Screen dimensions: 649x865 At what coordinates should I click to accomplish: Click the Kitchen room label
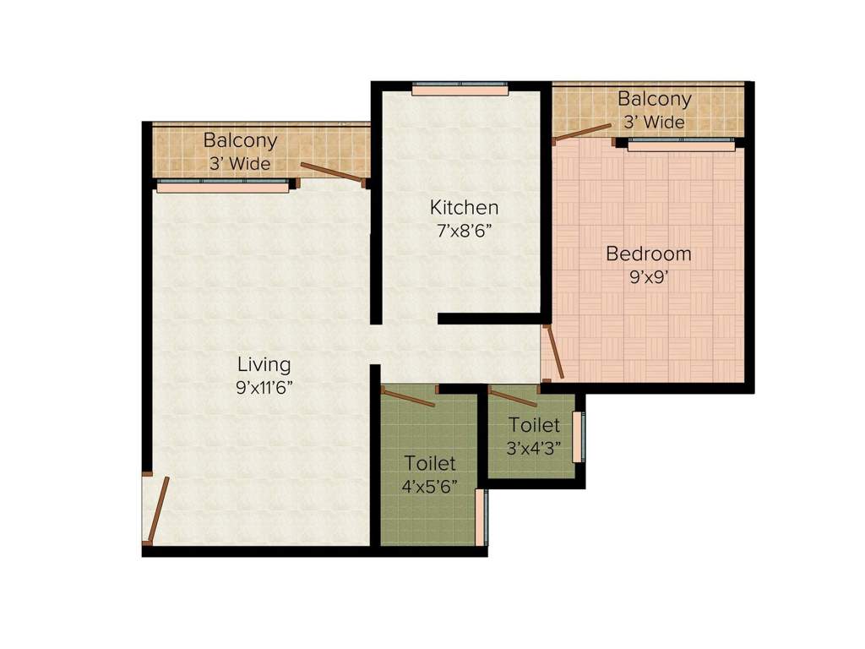464,207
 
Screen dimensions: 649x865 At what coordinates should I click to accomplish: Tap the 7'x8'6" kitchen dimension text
464,230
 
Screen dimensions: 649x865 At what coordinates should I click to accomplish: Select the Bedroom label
649,254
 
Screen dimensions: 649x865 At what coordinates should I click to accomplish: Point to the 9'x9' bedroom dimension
649,275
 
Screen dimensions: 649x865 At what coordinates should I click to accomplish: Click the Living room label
264,365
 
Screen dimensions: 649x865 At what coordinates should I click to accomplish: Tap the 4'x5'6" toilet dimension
430,487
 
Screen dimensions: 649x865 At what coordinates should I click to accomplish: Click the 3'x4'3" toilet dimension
534,448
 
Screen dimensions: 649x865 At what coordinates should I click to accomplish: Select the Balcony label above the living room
240,140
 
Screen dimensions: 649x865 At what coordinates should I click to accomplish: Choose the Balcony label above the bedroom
654,99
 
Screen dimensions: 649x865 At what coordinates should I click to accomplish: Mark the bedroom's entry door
553,352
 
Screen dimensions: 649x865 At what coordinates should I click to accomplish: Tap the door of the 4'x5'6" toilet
409,396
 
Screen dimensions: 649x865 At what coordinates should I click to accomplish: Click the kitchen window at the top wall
460,88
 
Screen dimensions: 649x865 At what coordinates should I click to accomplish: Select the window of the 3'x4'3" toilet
578,436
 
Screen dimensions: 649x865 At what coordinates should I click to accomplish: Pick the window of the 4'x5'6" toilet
480,517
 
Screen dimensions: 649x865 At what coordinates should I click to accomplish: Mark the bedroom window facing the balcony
681,145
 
